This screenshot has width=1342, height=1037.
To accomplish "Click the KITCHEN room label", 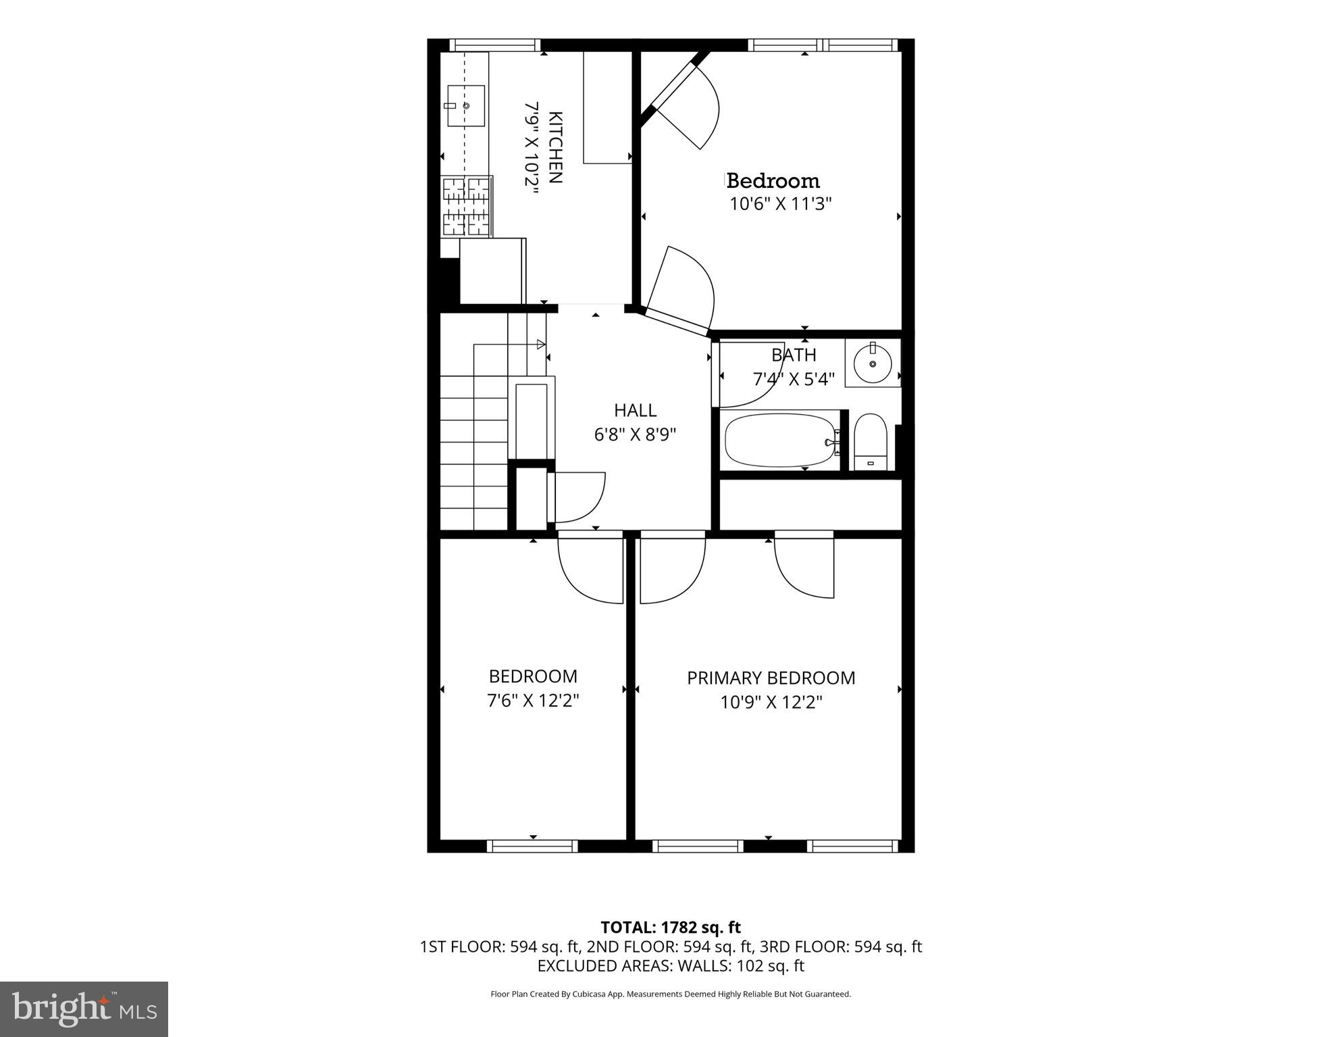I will tap(554, 147).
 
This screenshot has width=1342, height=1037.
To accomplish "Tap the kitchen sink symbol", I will tap(466, 106).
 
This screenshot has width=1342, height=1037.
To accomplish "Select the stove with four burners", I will tap(466, 206).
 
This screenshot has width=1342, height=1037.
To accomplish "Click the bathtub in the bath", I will tap(780, 440).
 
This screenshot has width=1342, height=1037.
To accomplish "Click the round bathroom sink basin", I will tap(873, 363).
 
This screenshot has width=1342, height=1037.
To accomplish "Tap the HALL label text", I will tap(635, 410).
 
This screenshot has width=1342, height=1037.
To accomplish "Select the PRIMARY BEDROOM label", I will tap(771, 678).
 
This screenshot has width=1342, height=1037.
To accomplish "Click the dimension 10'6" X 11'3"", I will tap(780, 203).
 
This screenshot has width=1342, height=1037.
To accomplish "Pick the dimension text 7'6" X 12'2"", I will tap(533, 701).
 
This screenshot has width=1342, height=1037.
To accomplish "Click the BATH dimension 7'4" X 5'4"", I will tap(794, 379).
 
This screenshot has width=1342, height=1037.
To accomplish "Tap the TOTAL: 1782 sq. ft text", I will tap(670, 927).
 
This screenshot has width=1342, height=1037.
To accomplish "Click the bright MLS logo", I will tap(84, 1009).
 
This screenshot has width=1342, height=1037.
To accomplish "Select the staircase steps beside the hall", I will tap(473, 453).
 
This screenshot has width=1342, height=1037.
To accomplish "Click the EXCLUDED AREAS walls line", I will tap(670, 965).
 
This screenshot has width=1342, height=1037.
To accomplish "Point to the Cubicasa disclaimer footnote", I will tap(670, 994).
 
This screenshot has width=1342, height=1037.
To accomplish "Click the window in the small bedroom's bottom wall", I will tap(532, 845).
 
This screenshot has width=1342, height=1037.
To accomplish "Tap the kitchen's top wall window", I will tap(495, 45).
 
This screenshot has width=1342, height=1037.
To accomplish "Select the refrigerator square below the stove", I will tap(492, 270).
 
